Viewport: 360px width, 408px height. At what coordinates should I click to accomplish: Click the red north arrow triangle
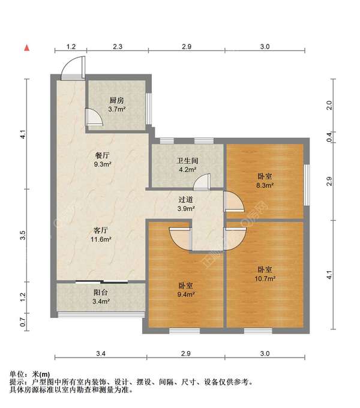coord(27,47)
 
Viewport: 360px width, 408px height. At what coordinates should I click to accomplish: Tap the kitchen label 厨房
coord(116,100)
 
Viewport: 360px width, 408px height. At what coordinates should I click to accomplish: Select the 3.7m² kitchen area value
coord(117,109)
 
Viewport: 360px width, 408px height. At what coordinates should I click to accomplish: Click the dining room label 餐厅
coord(102,155)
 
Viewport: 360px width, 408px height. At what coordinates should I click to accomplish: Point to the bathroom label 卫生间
coord(187,161)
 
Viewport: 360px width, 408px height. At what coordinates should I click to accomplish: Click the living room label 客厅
coord(101,230)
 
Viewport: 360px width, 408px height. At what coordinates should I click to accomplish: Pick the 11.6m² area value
coord(101,239)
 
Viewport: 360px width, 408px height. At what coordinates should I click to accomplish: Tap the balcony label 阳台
coord(101,292)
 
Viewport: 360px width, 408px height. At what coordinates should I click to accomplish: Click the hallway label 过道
coord(186,200)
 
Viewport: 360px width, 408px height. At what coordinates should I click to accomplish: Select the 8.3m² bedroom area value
coord(265,185)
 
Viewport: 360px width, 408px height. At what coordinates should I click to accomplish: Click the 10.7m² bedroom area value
coord(265,278)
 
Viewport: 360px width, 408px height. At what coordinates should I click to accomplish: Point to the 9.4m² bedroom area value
coord(186,294)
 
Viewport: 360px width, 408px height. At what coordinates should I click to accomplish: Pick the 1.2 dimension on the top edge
coord(71,47)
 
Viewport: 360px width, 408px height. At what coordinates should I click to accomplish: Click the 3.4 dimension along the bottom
coord(101,353)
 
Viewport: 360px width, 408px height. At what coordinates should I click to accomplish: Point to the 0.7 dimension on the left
coord(23,322)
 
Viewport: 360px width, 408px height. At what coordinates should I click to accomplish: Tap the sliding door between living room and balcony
coord(101,282)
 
